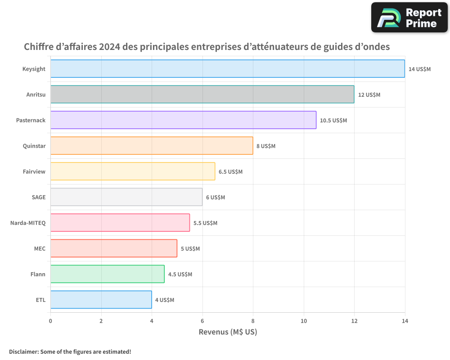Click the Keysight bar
pos(227,69)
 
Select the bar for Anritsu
pos(202,94)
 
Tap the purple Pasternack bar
pos(183,120)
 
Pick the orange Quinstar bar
pos(152,146)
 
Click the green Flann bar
pos(107,274)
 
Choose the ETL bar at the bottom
pos(101,300)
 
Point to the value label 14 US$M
pos(419,69)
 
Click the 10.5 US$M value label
pos(333,120)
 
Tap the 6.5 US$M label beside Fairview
pos(230,171)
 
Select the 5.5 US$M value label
pos(205,223)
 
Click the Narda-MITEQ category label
pos(28,223)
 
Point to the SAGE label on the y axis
pos(38,197)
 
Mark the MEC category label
pos(40,248)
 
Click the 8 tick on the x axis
pos(253,321)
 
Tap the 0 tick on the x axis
pos(50,321)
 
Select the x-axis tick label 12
pos(354,321)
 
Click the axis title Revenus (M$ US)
pos(228,332)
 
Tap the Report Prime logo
pos(409,18)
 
